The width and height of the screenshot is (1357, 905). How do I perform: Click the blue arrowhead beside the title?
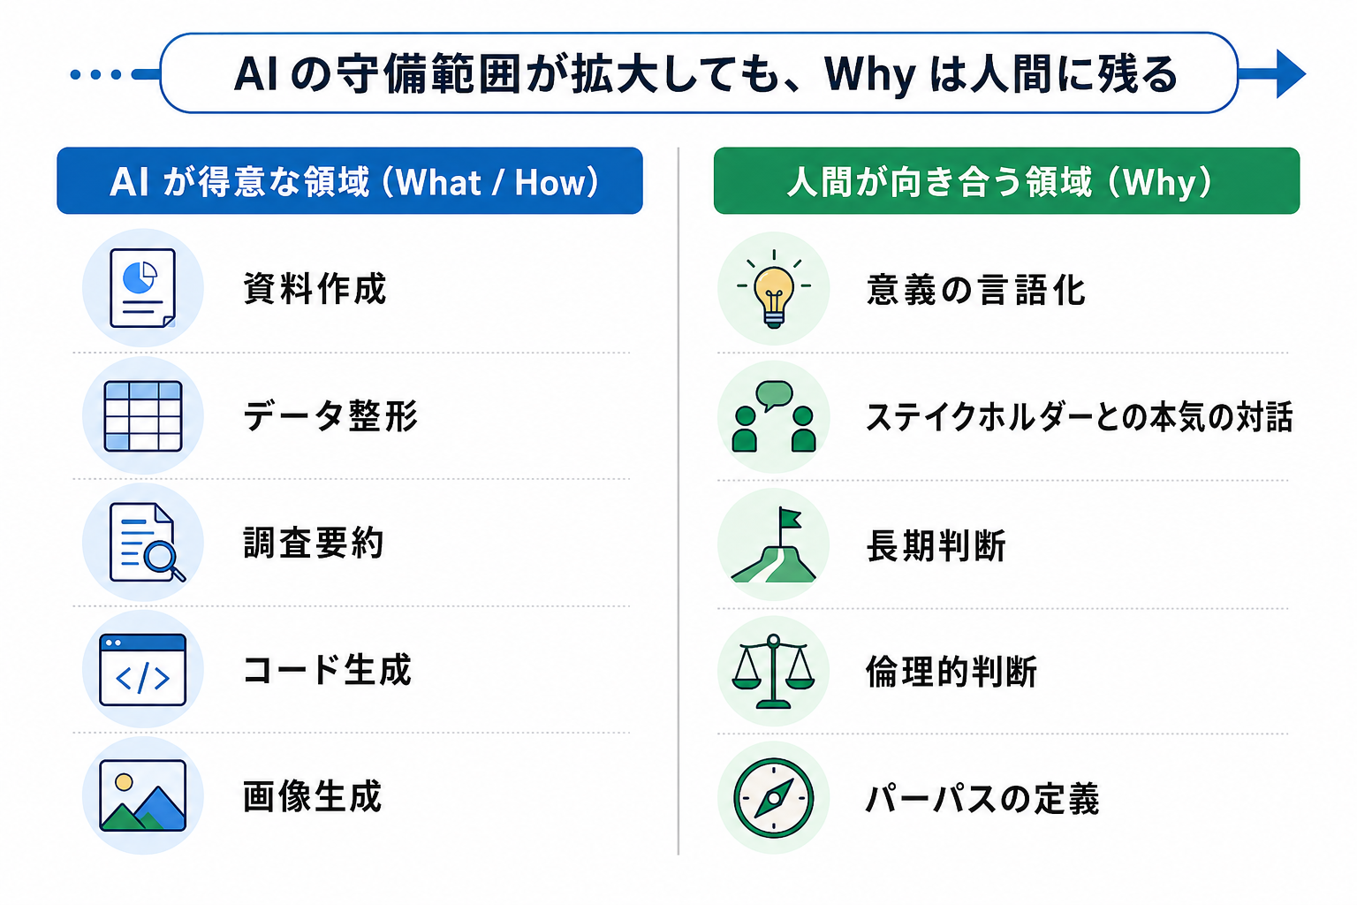1289,73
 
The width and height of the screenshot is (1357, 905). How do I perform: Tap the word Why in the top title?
869,74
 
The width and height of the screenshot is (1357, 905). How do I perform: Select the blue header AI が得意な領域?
350,181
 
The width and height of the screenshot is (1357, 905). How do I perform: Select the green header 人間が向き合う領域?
1006,181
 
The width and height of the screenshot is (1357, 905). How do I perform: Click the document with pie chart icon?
142,288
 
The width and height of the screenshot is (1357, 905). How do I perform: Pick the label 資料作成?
315,289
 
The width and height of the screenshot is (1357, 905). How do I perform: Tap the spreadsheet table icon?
142,415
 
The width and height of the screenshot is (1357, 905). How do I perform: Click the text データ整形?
330,415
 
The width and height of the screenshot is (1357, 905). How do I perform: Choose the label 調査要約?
314,543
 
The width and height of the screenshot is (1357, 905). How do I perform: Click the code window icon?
142,670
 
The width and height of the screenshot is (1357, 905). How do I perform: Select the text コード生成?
327,670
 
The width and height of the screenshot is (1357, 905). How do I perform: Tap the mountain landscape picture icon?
142,795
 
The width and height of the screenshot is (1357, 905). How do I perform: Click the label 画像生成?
313,796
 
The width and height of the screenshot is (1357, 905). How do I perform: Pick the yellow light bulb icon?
774,290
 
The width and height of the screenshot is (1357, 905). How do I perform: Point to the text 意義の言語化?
975,290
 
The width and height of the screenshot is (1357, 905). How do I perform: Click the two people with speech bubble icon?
774,416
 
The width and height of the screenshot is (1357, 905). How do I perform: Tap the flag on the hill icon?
774,545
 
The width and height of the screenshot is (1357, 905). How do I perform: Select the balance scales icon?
774,672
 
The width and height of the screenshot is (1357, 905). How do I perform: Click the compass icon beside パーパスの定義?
774,798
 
